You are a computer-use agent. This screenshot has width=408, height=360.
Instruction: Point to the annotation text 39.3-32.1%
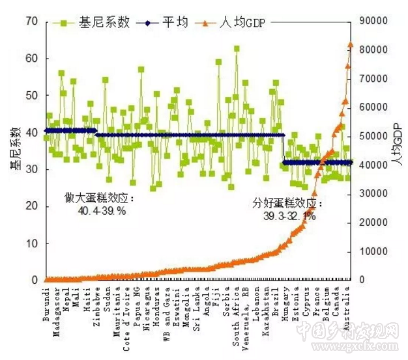click(289, 216)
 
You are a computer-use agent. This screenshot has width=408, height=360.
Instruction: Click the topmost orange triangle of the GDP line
click(350, 45)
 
